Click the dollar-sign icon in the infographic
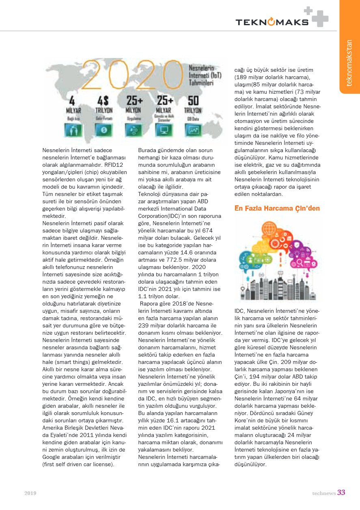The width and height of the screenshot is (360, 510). click(x=104, y=130)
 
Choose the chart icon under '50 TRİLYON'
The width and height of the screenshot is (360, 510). click(x=194, y=130)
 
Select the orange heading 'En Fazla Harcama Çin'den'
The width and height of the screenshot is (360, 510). click(x=277, y=209)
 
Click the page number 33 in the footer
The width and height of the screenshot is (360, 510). click(x=341, y=493)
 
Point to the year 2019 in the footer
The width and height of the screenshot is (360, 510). click(x=30, y=493)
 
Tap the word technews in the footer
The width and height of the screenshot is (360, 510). click(x=323, y=493)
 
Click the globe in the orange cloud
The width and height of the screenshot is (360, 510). click(x=269, y=229)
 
